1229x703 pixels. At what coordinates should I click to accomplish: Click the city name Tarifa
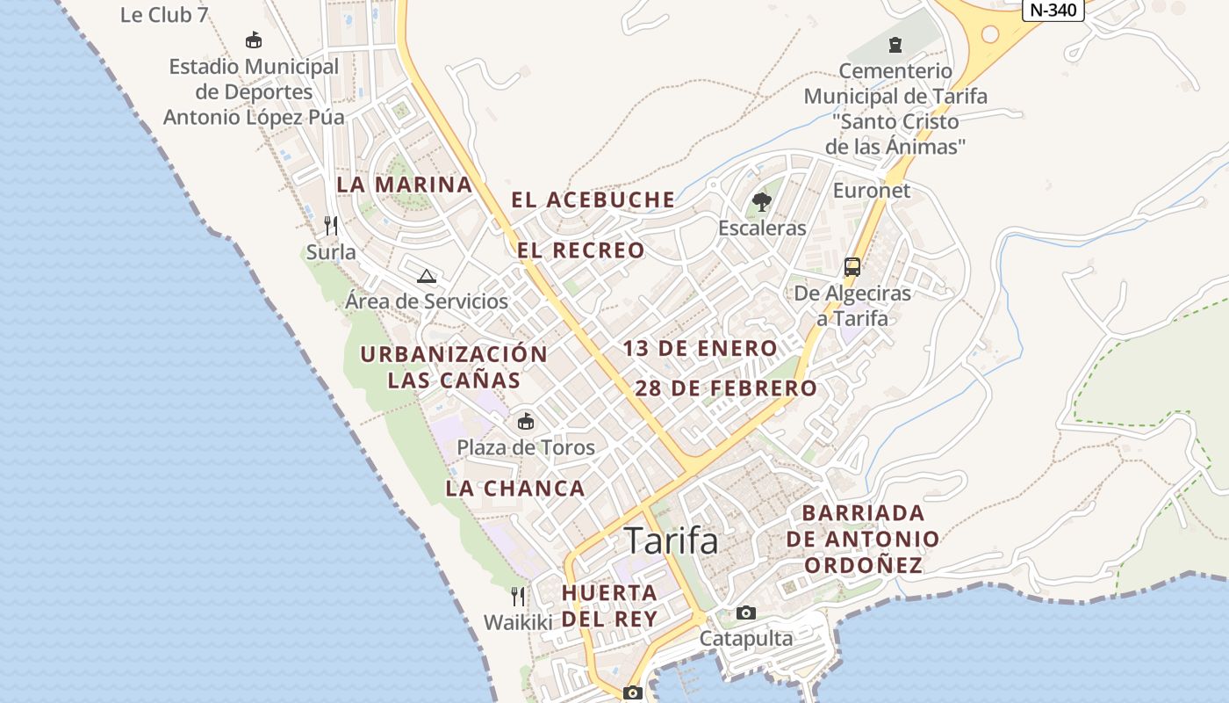671,540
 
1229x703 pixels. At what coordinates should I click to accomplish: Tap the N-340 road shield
1053,10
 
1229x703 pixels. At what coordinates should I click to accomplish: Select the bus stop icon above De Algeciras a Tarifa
852,266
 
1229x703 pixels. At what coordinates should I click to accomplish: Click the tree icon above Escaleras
761,202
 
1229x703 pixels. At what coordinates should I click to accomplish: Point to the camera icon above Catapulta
745,612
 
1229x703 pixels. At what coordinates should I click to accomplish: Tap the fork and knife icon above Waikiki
518,597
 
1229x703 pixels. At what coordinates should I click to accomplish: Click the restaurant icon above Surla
331,226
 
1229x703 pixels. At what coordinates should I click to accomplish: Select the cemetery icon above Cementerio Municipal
895,44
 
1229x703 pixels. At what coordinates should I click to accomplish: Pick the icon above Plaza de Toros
525,422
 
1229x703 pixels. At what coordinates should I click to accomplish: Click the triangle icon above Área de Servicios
427,276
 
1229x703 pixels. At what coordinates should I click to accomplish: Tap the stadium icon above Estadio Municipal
254,40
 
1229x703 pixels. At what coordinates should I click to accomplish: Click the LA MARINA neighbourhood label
405,185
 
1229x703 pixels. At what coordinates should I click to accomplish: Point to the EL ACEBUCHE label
593,200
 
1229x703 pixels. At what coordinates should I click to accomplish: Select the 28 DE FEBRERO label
725,388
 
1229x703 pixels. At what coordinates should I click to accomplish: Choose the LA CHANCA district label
514,489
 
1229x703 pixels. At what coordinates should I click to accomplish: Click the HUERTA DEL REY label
609,605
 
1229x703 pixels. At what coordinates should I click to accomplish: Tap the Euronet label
871,191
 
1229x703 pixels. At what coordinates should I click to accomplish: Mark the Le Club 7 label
164,14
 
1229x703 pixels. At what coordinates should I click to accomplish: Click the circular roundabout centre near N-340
990,34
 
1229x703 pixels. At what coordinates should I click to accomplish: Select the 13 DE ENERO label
700,349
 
